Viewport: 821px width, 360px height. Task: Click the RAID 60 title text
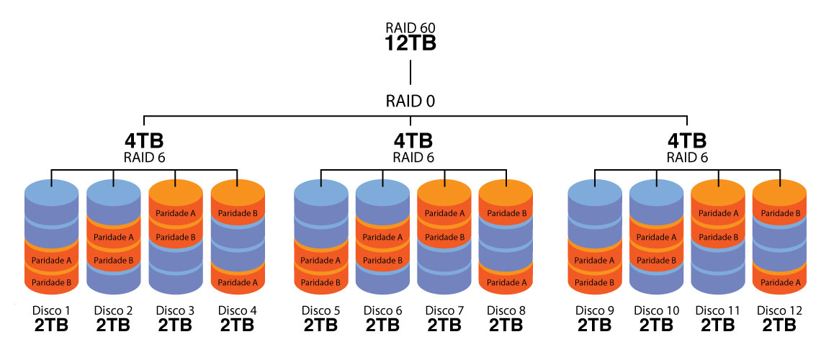410,28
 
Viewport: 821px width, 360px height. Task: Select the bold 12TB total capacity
410,44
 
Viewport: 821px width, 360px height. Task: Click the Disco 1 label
52,310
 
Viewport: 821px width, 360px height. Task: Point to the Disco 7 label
445,310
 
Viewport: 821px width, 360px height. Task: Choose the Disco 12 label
779,310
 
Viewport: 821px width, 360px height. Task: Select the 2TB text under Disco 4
238,325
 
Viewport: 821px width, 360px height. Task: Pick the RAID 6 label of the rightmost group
687,157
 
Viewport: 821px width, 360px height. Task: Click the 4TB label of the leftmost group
143,140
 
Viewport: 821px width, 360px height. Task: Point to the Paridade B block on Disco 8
507,213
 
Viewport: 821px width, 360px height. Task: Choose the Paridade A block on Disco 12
780,282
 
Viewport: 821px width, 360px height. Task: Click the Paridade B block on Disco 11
718,236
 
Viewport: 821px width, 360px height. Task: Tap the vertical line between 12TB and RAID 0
410,73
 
